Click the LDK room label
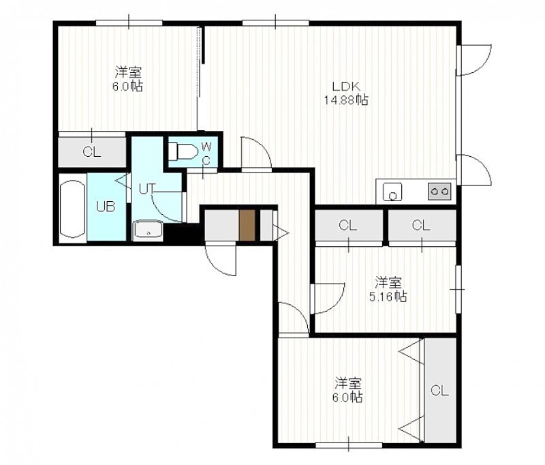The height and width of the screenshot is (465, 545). pos(346,86)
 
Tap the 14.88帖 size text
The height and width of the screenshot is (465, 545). pos(346,100)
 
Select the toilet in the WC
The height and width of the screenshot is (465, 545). pos(183,151)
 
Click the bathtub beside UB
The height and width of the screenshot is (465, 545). pos(73,209)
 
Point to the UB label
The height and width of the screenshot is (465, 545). pos(106,207)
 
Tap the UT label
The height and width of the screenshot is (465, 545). pos(146,189)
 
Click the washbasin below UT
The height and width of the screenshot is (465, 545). pos(148,230)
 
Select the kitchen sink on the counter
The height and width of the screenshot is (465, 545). pos(392,192)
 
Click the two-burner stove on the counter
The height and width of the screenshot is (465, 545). pos(439,191)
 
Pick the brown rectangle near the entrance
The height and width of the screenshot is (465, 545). pos(247,225)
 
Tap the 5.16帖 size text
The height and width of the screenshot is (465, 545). pos(388,297)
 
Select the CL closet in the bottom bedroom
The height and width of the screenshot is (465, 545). pos(440,390)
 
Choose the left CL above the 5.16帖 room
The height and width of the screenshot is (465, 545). pos(348,226)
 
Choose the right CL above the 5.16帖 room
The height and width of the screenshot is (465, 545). pos(422,226)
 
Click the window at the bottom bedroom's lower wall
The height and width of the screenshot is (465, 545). pos(349,445)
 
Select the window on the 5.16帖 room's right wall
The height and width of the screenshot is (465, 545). pos(458,288)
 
